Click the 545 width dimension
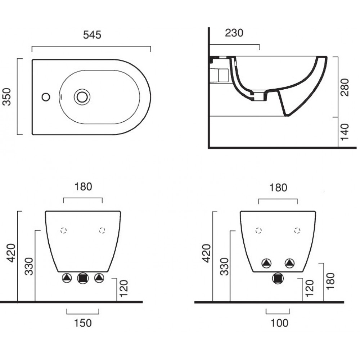pos(92,35)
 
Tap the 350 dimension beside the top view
pos(7,96)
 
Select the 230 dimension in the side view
pos(234,33)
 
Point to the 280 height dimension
pos(345,87)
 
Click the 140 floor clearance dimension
pos(345,132)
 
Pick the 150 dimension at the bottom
pos(83,323)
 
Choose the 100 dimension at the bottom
pos(279,323)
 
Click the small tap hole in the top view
pos(46,97)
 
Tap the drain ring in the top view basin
pos(82,97)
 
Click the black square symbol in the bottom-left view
pos(83,278)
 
